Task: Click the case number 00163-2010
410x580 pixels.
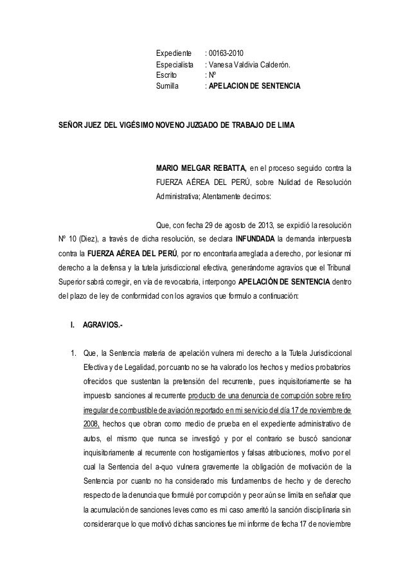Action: [225, 53]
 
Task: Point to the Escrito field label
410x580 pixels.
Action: [169, 75]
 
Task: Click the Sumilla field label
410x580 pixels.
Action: [169, 85]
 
